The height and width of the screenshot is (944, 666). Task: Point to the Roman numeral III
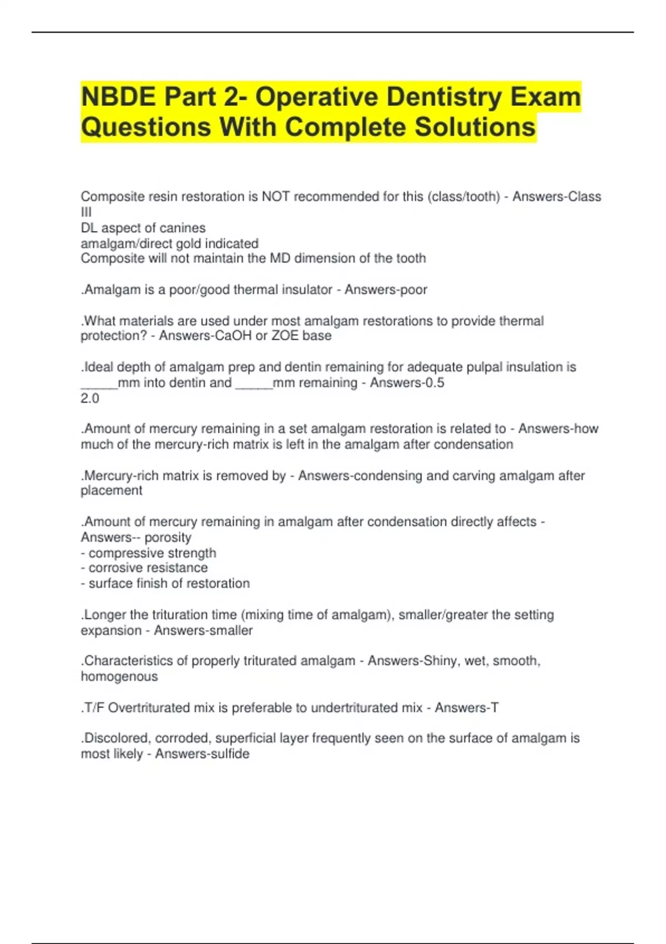86,212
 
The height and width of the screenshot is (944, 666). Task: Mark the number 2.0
90,398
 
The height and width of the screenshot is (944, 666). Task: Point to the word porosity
168,538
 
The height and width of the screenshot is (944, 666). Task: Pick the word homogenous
119,676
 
